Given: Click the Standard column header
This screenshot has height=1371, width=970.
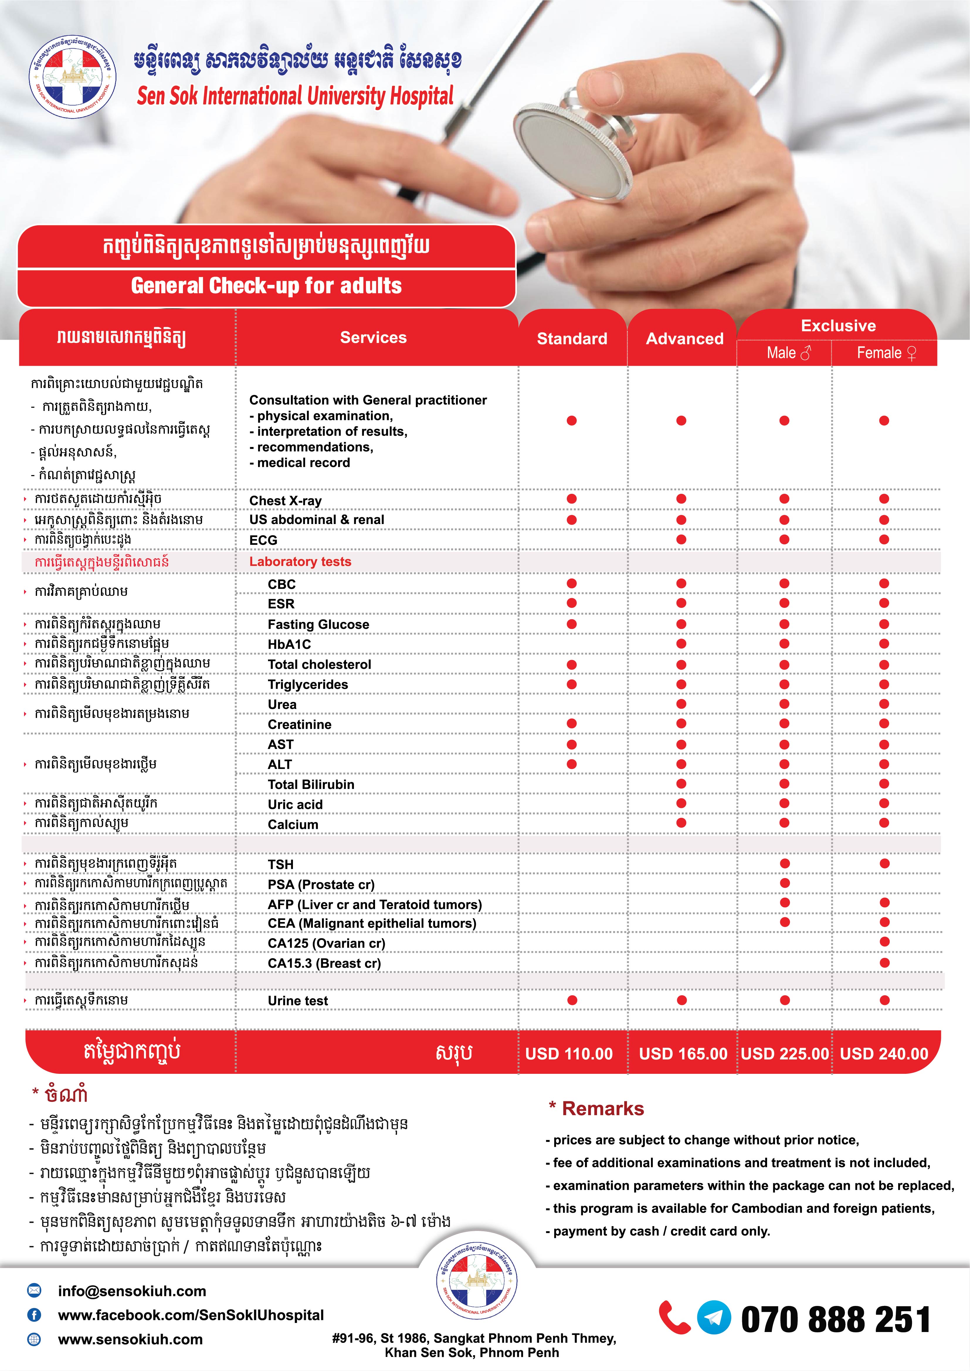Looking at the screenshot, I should [x=572, y=339].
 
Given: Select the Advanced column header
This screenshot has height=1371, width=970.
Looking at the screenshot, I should [x=684, y=339].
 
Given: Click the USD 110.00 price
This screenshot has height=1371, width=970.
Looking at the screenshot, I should [x=569, y=1053].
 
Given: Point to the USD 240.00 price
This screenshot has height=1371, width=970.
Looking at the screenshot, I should [x=884, y=1053].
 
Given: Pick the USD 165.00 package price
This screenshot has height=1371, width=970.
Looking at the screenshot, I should [x=683, y=1053].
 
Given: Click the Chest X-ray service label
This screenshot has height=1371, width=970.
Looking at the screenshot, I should [x=286, y=500].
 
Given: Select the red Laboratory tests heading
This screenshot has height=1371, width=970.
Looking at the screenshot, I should [x=301, y=561].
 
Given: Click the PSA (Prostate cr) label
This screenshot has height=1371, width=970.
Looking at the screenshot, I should [x=321, y=884].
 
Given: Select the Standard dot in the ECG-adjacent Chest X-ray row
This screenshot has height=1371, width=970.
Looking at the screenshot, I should [x=572, y=499].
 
